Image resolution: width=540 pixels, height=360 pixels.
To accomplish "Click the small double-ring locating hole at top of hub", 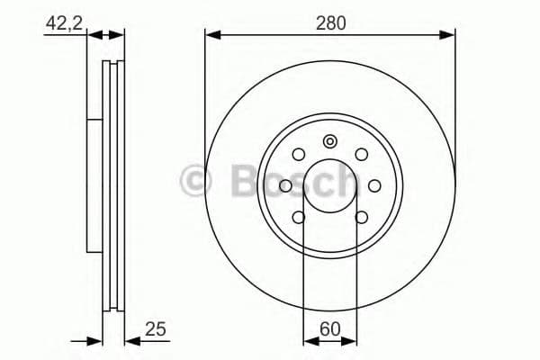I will point(330,140).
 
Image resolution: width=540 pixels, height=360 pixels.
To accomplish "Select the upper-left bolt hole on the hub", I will point(300,155).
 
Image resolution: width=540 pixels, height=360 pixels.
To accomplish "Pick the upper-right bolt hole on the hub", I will point(361,155).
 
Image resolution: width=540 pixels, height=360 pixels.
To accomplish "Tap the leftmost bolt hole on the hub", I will point(286,185).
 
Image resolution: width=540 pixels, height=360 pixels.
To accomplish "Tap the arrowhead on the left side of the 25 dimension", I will point(96,340).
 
